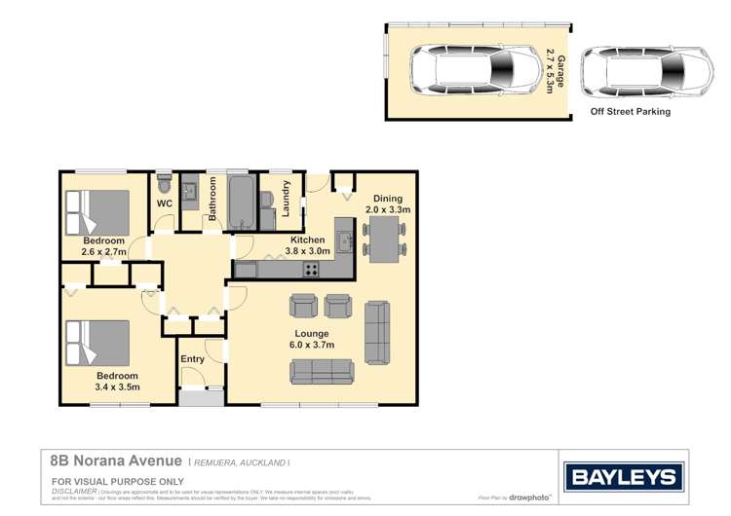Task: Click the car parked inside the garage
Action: coord(475,71)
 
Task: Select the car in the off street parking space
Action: coord(635,71)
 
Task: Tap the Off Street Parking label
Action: coord(631,112)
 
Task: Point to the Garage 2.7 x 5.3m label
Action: coord(555,71)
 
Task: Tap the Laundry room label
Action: coord(287,199)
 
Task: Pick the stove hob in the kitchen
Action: coord(312,270)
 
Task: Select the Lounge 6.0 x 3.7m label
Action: coord(312,339)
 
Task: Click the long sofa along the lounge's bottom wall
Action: coord(322,371)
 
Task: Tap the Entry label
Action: coord(193,359)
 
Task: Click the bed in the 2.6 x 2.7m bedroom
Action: coord(96,209)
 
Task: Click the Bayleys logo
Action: coord(621,476)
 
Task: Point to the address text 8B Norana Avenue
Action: coord(116,461)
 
